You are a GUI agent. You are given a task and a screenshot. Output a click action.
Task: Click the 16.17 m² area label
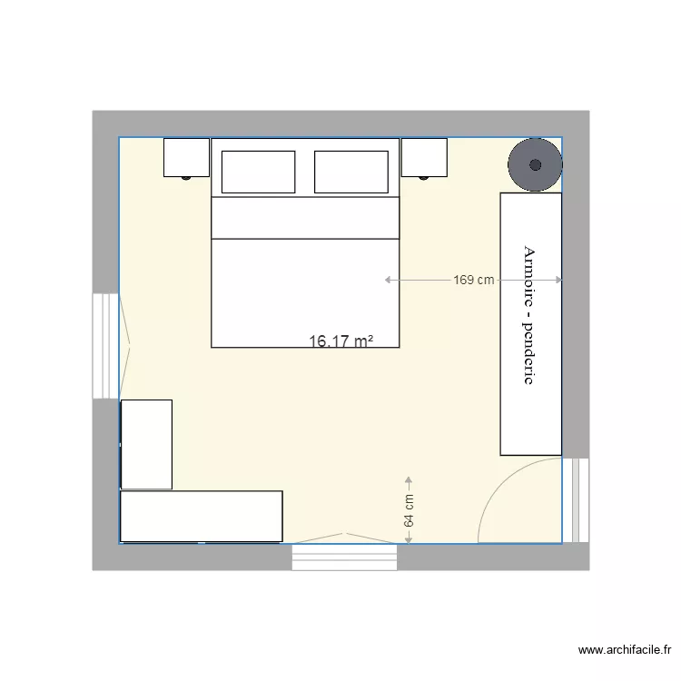pos(341,341)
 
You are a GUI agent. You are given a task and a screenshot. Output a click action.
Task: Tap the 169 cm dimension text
pos(474,280)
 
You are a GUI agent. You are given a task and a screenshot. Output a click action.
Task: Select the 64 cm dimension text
pos(409,511)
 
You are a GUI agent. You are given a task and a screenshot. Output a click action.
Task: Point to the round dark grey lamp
pos(535,164)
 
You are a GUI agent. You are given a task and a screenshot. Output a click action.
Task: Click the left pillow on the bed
pos(258,172)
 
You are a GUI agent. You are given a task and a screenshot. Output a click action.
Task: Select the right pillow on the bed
pos(350,172)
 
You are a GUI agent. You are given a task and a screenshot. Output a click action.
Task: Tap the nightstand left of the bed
pos(186,157)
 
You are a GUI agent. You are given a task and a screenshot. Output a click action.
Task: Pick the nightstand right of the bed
pos(424,157)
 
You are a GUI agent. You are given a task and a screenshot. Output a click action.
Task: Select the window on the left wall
pos(106,345)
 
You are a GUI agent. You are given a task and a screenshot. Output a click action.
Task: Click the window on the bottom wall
pos(344,557)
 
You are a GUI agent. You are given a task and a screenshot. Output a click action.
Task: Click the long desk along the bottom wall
pos(202,516)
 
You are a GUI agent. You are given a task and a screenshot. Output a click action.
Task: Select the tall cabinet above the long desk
pos(146,444)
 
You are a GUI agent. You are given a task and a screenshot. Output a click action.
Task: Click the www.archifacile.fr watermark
pos(624,650)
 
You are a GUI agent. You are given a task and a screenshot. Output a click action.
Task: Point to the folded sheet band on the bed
pos(305,217)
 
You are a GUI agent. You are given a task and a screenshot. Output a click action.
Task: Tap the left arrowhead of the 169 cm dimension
pos(389,280)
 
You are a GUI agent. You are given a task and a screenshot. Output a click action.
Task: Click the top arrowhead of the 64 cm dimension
pos(409,480)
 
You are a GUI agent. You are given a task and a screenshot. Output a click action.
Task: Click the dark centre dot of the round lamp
pos(535,164)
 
